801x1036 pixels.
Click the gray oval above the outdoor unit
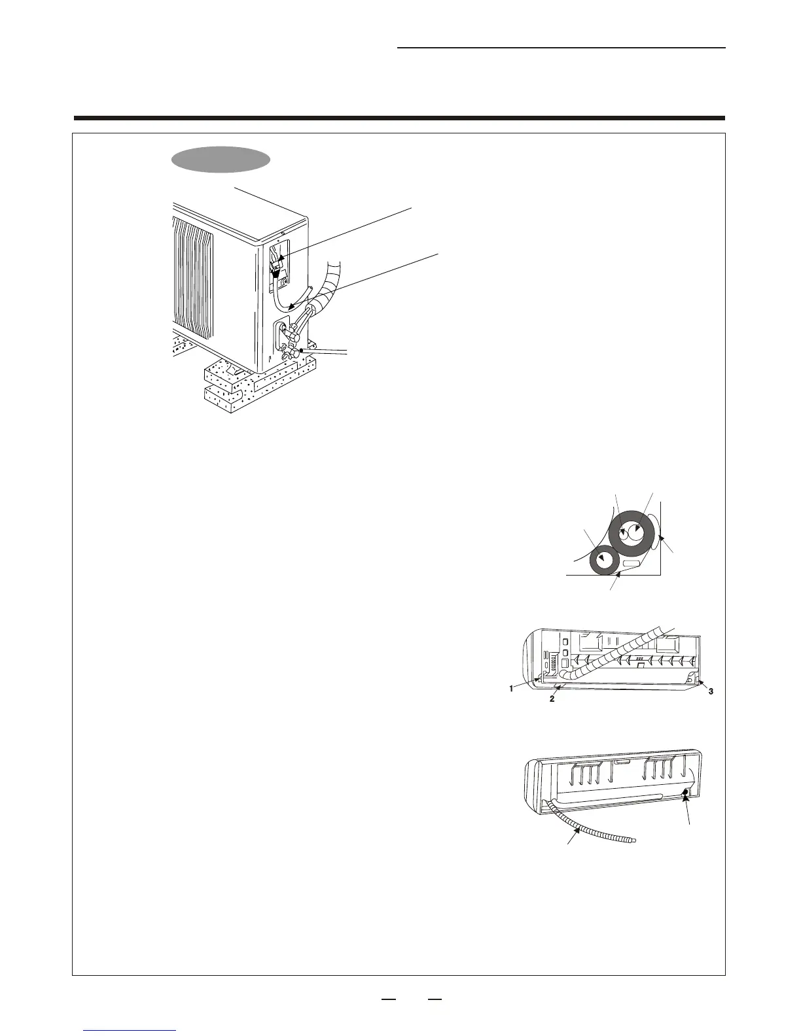[221, 160]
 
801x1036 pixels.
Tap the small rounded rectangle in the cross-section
[632, 563]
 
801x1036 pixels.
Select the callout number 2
[552, 699]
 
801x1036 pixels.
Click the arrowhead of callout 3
[700, 682]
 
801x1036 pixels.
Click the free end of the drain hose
[632, 840]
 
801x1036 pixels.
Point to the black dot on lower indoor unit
[685, 793]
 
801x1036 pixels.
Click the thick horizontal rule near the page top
[399, 118]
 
